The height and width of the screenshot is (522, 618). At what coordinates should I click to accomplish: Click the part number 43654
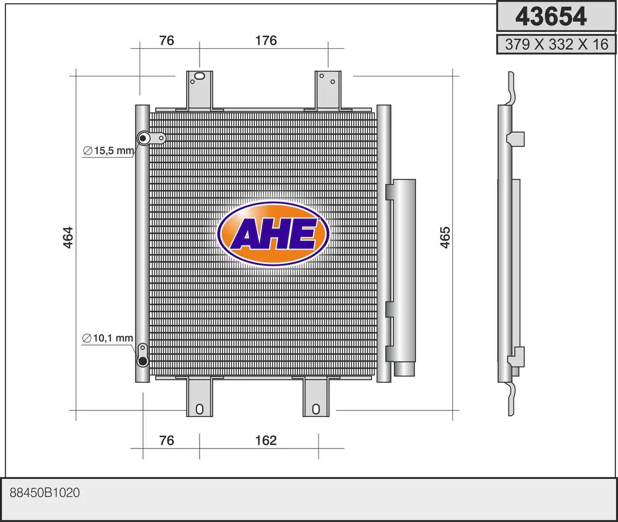(551, 16)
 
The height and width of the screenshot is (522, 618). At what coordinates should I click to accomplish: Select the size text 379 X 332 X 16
(556, 44)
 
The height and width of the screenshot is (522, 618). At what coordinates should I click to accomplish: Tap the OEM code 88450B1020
(45, 493)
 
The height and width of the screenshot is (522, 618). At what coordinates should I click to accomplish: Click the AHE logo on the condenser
(273, 234)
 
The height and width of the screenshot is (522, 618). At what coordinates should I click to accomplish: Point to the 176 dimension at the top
(266, 40)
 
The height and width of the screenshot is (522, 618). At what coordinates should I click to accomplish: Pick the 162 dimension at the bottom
(266, 440)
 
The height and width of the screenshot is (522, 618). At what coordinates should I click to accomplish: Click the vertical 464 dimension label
(68, 237)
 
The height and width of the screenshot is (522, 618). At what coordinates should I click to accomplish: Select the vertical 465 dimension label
(445, 237)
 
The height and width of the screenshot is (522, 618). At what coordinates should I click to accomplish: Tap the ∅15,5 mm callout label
(109, 151)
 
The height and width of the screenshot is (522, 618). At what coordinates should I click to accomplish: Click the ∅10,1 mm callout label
(108, 338)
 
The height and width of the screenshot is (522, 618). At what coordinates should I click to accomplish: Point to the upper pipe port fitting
(144, 139)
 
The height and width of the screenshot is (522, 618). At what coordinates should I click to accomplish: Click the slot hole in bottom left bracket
(200, 409)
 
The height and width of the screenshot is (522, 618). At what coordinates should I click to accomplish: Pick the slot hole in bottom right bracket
(316, 409)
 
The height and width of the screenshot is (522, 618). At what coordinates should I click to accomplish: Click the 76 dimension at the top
(167, 40)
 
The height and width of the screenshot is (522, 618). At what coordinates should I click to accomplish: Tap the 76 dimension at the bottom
(167, 440)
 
